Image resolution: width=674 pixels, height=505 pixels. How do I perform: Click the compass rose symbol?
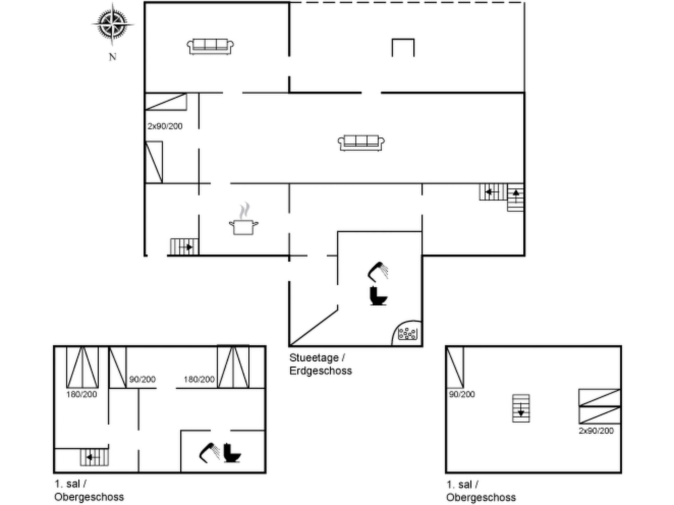click(113, 24)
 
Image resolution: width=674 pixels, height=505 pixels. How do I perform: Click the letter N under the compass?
click(113, 57)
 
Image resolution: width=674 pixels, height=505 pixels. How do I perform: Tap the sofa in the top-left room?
click(210, 46)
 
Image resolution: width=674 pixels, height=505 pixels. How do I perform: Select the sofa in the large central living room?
click(361, 143)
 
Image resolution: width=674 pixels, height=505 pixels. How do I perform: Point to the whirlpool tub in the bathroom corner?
click(407, 334)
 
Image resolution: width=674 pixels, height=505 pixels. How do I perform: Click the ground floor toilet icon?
click(378, 296)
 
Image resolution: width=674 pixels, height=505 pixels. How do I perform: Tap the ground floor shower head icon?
click(378, 271)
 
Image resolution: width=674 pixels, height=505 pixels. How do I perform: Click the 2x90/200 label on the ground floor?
click(165, 126)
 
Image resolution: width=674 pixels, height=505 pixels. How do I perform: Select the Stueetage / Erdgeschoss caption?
click(320, 364)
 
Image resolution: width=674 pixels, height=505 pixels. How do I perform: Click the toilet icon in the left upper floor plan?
click(232, 453)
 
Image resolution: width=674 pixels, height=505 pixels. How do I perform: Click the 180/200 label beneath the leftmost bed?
click(82, 394)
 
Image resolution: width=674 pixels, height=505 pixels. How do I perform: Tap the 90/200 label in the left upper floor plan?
click(142, 379)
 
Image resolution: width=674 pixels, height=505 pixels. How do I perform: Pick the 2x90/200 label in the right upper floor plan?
click(596, 431)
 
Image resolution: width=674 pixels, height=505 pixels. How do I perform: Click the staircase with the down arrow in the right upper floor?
click(521, 408)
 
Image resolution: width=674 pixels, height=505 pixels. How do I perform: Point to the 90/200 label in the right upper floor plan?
click(462, 394)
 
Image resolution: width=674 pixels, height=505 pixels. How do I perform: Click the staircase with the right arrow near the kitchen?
click(184, 247)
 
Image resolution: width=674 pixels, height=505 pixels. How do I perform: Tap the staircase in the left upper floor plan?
click(94, 457)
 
